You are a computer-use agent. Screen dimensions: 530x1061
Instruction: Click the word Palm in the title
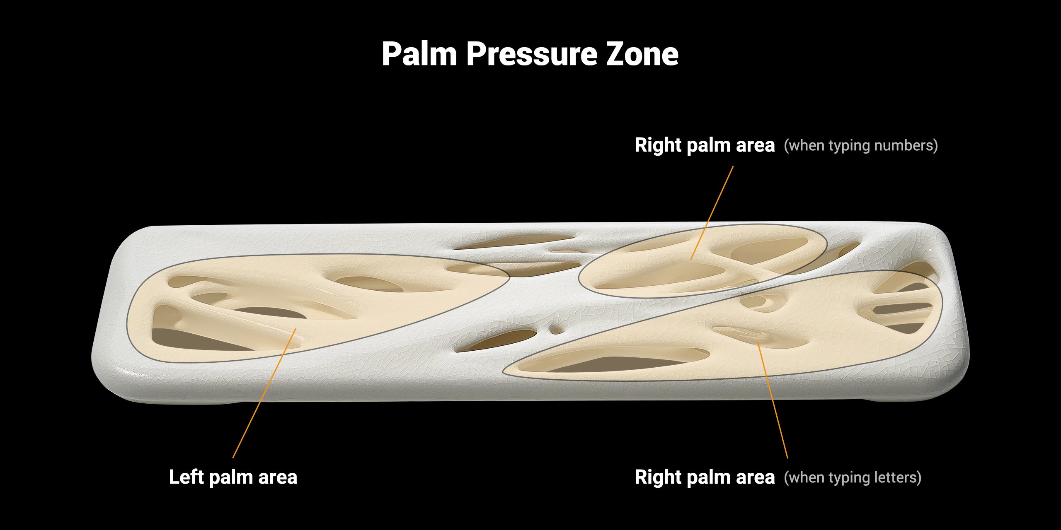tap(419, 54)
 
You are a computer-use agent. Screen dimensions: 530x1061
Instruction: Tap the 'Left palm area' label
tap(233, 477)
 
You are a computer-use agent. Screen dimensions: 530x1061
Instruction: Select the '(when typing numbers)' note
tap(860, 145)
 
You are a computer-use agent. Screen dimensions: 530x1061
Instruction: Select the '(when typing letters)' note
tap(852, 477)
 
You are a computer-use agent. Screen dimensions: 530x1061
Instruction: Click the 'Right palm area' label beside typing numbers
tap(705, 145)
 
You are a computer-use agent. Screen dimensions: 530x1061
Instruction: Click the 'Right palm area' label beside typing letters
tap(705, 477)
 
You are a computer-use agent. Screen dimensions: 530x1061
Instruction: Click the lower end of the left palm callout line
tap(233, 457)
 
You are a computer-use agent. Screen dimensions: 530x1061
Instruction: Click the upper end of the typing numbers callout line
tap(733, 166)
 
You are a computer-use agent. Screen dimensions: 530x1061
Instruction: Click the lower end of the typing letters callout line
tap(787, 458)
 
